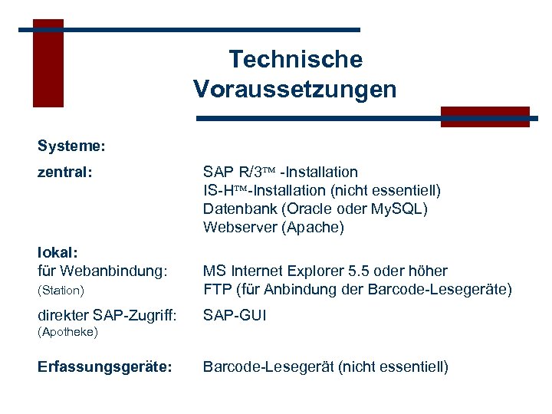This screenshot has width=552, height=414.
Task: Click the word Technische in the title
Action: (295, 59)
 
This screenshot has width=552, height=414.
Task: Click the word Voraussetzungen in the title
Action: (295, 90)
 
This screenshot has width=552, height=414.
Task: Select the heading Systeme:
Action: (71, 144)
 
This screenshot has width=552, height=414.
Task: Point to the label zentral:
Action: (65, 172)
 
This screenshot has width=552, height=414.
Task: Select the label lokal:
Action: (59, 252)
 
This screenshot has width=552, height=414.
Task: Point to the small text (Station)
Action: (61, 291)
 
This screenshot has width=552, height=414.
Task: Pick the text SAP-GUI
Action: (235, 314)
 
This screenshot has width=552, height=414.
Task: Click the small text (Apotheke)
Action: (67, 333)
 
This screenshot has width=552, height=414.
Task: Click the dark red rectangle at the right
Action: (485, 117)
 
